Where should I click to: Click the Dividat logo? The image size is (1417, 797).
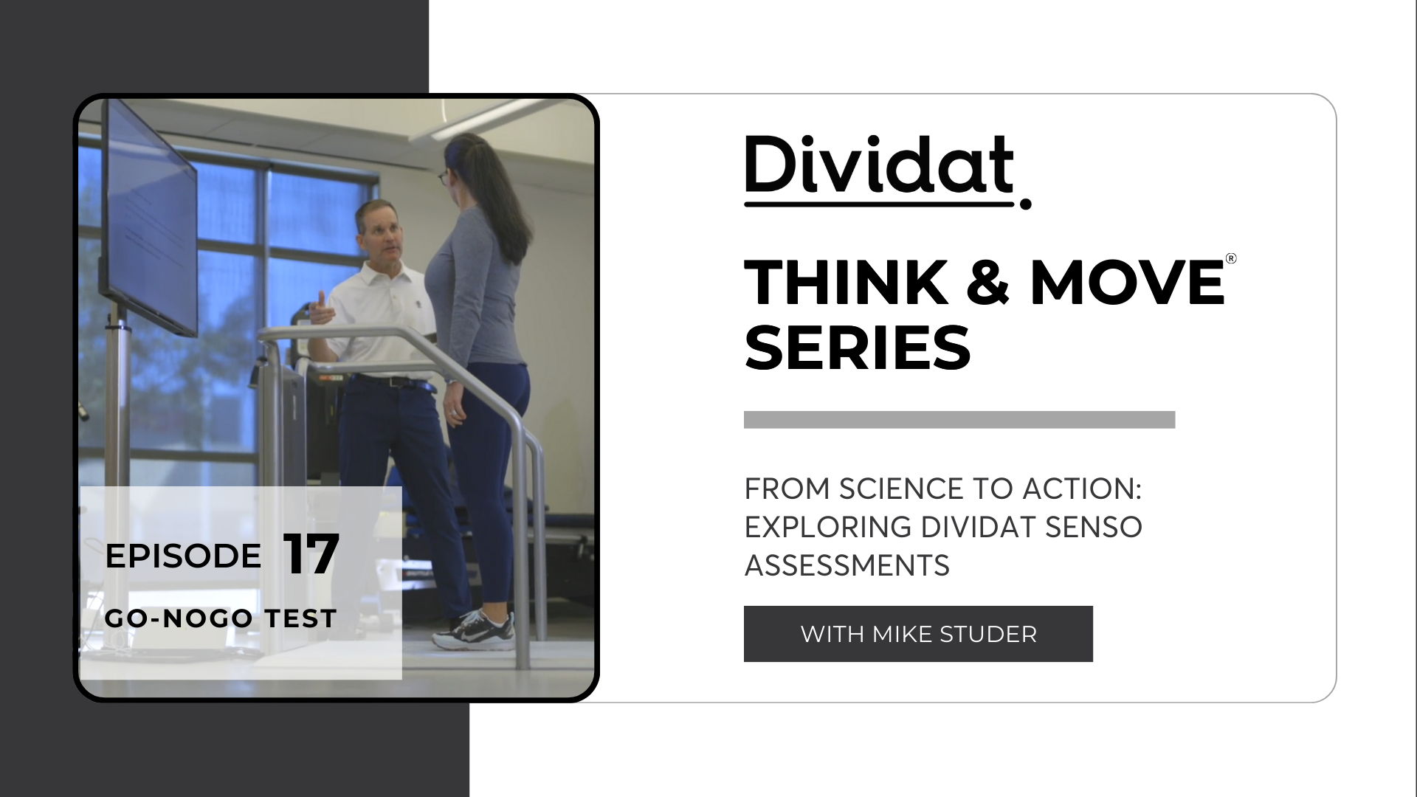pos(887,171)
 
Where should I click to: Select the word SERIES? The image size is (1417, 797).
pos(858,348)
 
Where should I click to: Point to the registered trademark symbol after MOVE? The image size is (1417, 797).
pos(1230,258)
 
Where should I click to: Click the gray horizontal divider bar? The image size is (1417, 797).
pos(959,419)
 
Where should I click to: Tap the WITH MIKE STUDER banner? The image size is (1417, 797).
pos(918,634)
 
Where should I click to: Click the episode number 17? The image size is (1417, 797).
pos(311,554)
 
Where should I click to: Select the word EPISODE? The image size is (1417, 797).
pos(183,556)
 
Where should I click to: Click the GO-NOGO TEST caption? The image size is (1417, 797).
pos(221,618)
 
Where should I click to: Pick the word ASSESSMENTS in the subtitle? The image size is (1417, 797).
pos(847,565)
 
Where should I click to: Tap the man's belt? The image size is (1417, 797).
pos(393,382)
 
